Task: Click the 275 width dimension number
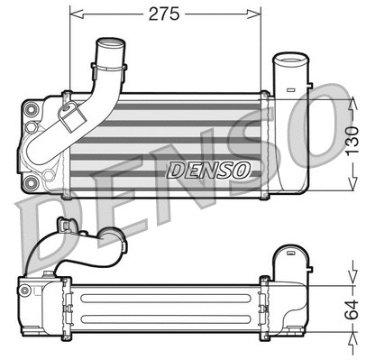tap(165, 13)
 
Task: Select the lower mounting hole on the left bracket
tap(33, 183)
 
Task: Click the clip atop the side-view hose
tap(63, 223)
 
